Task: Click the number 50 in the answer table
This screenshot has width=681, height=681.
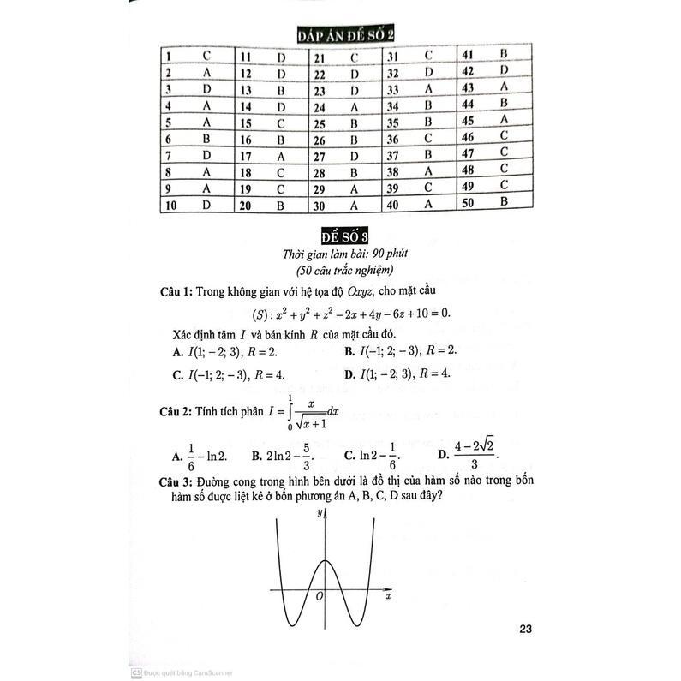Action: (467, 202)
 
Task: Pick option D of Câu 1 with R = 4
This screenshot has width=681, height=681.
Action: (397, 373)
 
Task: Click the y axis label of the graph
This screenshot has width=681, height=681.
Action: (318, 513)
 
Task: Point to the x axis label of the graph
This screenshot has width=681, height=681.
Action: (388, 594)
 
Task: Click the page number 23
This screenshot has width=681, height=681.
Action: (526, 631)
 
